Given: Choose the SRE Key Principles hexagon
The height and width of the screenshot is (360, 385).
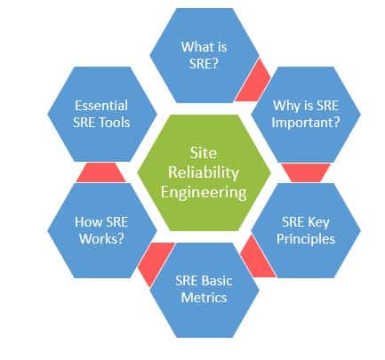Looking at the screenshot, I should (306, 230).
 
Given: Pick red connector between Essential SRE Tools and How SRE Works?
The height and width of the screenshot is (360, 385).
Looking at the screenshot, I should (100, 172).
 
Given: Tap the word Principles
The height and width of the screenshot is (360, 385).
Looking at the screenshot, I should (306, 239).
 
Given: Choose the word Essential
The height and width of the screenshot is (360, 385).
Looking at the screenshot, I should (102, 103).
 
